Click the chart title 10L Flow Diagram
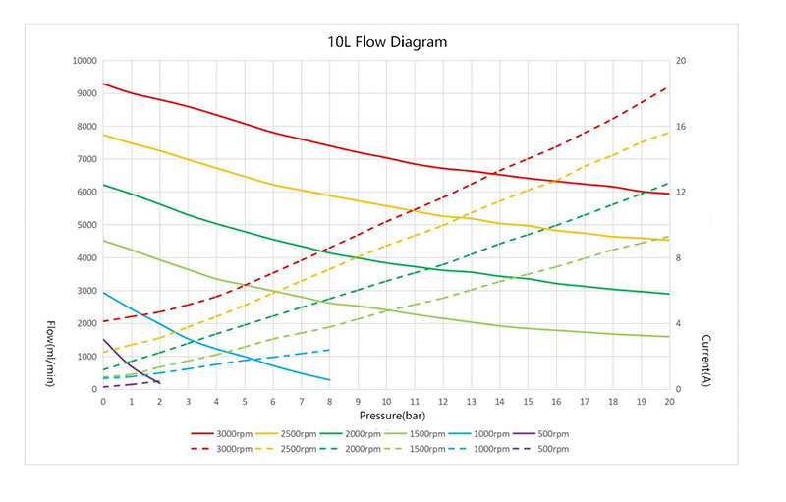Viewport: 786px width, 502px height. point(386,43)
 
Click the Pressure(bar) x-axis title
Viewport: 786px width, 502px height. point(386,418)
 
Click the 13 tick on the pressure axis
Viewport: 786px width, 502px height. point(472,402)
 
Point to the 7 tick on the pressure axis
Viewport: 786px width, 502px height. point(302,402)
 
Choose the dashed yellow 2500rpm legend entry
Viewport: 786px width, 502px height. point(293,449)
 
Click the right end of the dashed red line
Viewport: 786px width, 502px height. point(669,86)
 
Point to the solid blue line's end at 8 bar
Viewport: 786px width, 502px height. point(329,380)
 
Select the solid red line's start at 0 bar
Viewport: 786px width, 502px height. point(103,84)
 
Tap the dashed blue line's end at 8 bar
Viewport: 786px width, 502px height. point(329,350)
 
